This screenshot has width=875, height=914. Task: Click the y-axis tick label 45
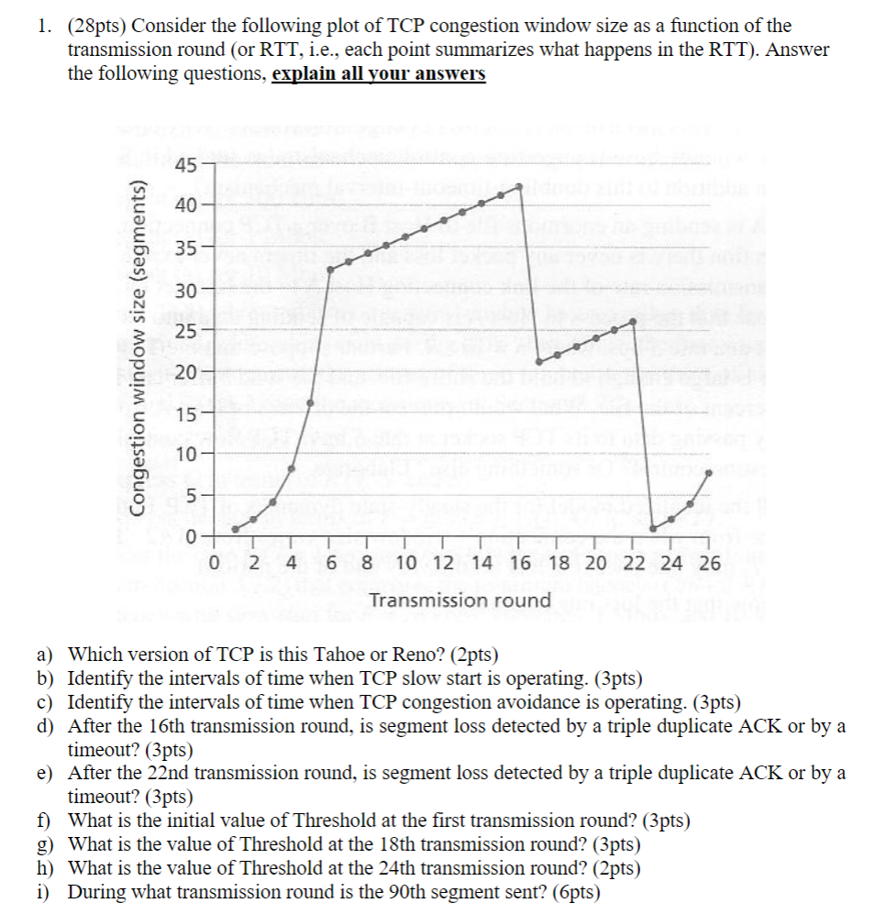coord(184,166)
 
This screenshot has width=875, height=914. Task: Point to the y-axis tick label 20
coord(184,373)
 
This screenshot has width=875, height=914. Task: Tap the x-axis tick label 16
coord(519,563)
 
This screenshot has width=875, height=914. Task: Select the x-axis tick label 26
coord(709,563)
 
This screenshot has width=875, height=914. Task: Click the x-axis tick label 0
coord(215,563)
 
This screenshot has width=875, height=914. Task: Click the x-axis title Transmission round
coord(460,600)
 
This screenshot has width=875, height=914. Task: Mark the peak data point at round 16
coord(520,187)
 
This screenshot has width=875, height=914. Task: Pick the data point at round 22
coord(635,321)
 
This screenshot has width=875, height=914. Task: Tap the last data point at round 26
coord(709,474)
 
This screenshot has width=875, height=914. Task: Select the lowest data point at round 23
coord(653,528)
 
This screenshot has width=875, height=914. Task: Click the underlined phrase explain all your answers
coord(379,74)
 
